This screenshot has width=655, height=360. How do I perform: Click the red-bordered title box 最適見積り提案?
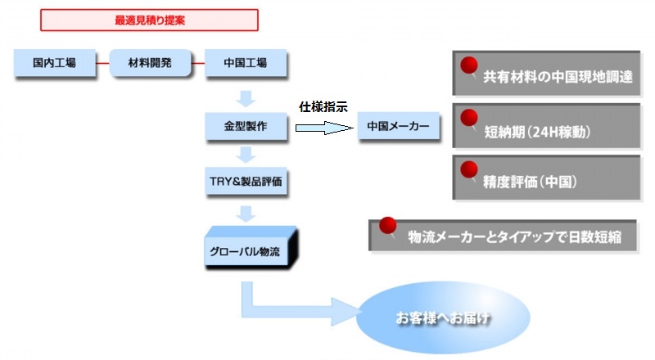click(150, 20)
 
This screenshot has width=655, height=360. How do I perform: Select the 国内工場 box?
click(55, 62)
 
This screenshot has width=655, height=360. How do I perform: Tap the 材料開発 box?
click(150, 62)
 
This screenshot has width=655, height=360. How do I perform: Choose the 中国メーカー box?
click(398, 127)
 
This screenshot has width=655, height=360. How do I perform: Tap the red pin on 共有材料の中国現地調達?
click(470, 66)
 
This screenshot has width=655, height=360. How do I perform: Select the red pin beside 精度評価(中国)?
click(470, 170)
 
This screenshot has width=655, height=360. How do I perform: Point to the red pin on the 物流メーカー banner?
click(388, 225)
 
